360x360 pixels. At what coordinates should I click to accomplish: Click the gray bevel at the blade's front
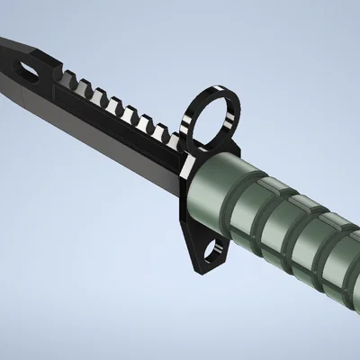(x=18, y=85)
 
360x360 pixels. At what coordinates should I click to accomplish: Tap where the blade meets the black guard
(x=180, y=180)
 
